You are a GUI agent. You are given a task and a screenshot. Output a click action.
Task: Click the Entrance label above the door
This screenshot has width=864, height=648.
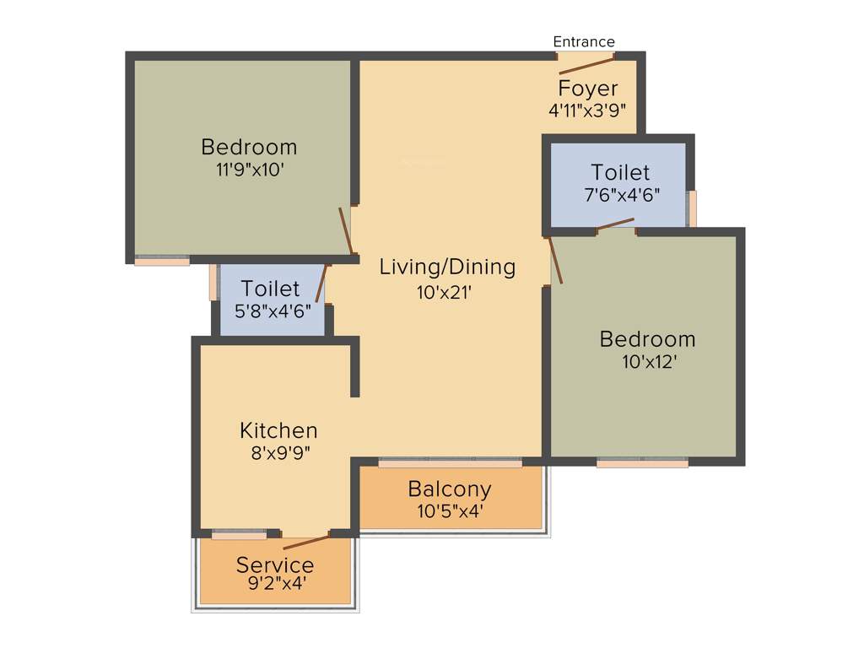click(584, 41)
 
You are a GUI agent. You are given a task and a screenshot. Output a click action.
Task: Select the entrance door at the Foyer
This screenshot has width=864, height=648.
click(586, 64)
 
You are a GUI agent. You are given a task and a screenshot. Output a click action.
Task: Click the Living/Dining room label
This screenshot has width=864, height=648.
click(447, 267)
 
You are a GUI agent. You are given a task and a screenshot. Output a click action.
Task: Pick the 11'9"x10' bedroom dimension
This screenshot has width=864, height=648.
click(249, 169)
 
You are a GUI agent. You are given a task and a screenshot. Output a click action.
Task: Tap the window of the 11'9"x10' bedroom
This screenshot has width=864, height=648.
click(162, 261)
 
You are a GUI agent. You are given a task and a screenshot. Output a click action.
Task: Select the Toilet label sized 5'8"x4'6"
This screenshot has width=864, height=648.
click(270, 289)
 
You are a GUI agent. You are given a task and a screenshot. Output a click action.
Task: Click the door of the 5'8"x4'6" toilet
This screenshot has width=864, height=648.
click(321, 283)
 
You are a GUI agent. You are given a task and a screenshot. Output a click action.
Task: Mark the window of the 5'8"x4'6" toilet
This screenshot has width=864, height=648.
click(213, 283)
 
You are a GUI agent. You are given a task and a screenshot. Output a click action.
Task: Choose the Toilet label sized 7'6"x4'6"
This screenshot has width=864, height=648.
click(620, 173)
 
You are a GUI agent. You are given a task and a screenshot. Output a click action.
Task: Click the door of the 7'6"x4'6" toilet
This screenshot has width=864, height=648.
click(616, 224)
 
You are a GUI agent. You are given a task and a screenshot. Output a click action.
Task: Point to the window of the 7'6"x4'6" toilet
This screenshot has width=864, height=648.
click(692, 208)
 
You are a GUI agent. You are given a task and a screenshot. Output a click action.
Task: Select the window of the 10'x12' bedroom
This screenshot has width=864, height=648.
click(642, 462)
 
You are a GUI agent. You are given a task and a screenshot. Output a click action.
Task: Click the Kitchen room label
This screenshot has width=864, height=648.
click(278, 430)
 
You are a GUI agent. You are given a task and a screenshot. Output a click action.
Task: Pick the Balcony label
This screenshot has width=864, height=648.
click(450, 489)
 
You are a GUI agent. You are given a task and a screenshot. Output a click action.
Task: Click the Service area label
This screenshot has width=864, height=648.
click(275, 564)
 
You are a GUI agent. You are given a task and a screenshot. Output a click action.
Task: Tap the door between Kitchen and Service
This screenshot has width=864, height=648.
click(306, 542)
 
